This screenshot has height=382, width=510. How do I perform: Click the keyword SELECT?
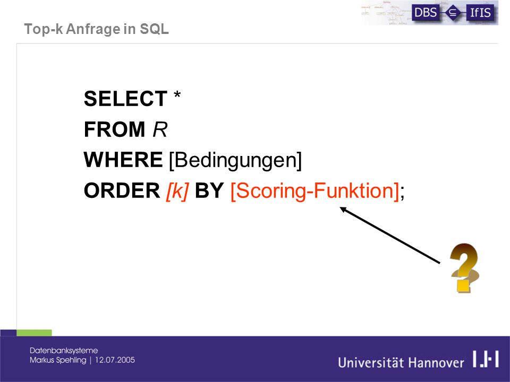[125, 99]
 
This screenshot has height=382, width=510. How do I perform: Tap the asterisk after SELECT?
[177, 95]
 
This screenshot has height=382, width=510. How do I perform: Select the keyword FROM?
[115, 129]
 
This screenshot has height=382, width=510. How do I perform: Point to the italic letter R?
[160, 129]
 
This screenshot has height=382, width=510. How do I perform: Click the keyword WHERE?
[123, 160]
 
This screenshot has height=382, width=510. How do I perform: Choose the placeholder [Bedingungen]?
[235, 160]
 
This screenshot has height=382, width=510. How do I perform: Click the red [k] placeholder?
[177, 191]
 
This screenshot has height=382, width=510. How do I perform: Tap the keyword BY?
[209, 190]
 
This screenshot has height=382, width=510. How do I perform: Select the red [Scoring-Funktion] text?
[315, 191]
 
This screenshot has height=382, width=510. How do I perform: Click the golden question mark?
[464, 268]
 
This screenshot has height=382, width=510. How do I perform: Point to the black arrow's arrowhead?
[341, 208]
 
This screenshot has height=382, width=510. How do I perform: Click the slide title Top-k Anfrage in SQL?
[97, 29]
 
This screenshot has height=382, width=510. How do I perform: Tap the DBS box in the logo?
[426, 13]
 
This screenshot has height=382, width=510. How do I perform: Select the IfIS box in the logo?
[481, 13]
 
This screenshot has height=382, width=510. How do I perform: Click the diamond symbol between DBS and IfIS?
[453, 13]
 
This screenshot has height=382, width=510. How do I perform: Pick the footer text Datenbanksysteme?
[64, 351]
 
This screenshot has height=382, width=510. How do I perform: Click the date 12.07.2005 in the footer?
[115, 360]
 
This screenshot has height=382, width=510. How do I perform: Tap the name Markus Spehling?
[58, 360]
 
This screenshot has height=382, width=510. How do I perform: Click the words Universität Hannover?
[401, 362]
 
